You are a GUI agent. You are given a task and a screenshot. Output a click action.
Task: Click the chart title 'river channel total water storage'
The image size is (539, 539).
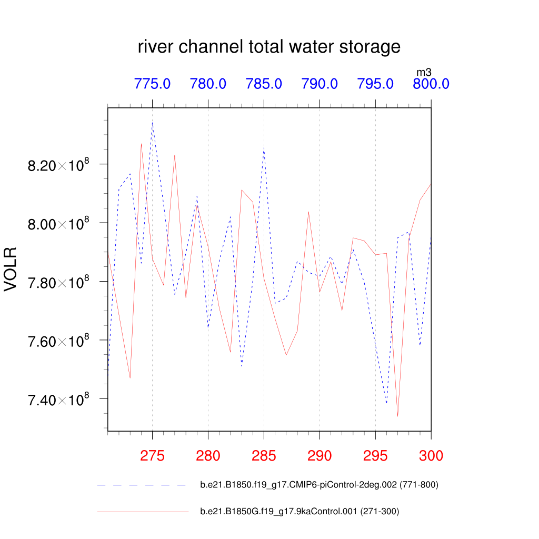[x=269, y=47]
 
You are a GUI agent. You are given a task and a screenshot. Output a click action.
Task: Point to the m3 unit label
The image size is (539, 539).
[x=424, y=72]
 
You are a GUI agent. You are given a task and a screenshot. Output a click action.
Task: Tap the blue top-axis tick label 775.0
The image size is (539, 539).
[x=153, y=84]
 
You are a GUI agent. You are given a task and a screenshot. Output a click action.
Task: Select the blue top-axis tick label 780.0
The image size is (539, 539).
[x=208, y=84]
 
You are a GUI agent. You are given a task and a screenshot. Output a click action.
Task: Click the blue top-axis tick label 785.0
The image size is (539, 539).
[x=264, y=84]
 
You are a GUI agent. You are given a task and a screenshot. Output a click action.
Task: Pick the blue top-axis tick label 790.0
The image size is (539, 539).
[x=320, y=84]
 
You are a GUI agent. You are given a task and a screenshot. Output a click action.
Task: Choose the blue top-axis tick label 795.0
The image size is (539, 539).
[x=375, y=84]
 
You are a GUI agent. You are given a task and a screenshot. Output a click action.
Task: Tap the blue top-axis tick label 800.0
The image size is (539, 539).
[x=431, y=84]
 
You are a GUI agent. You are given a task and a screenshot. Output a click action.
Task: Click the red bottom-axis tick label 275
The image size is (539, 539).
[x=153, y=456]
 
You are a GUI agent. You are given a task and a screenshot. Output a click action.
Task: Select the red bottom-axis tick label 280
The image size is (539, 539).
[x=208, y=456]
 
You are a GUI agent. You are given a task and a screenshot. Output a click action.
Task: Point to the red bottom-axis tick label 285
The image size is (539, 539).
[x=264, y=456]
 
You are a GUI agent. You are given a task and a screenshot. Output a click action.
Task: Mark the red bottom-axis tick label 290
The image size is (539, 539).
[x=320, y=456]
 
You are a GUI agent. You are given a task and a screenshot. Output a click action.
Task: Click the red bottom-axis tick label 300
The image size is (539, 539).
[x=431, y=456]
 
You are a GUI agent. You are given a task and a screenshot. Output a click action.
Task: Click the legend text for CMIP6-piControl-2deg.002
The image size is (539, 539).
[x=319, y=485]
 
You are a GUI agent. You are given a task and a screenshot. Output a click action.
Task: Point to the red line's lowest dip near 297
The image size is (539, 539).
[x=397, y=416]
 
